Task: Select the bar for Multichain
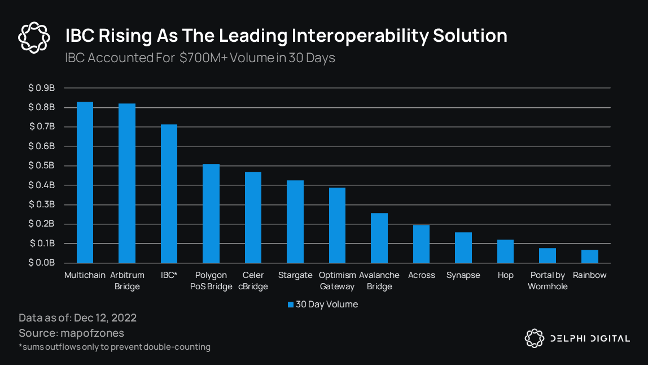[x=85, y=182]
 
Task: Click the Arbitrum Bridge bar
[x=127, y=183]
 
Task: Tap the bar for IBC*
[x=169, y=193]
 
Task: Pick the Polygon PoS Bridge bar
[x=211, y=213]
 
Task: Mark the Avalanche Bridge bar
[x=379, y=238]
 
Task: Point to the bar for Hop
[x=505, y=251]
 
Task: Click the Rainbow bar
[x=589, y=256]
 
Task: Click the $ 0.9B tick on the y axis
[x=42, y=88]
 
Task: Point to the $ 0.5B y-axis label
[x=42, y=166]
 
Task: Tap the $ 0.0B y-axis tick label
[x=42, y=263]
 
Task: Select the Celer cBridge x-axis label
[x=253, y=281]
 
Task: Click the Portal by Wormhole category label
[x=548, y=281]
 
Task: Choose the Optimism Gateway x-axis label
[x=338, y=281]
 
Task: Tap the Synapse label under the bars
[x=463, y=275]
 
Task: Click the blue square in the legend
[x=291, y=305]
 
